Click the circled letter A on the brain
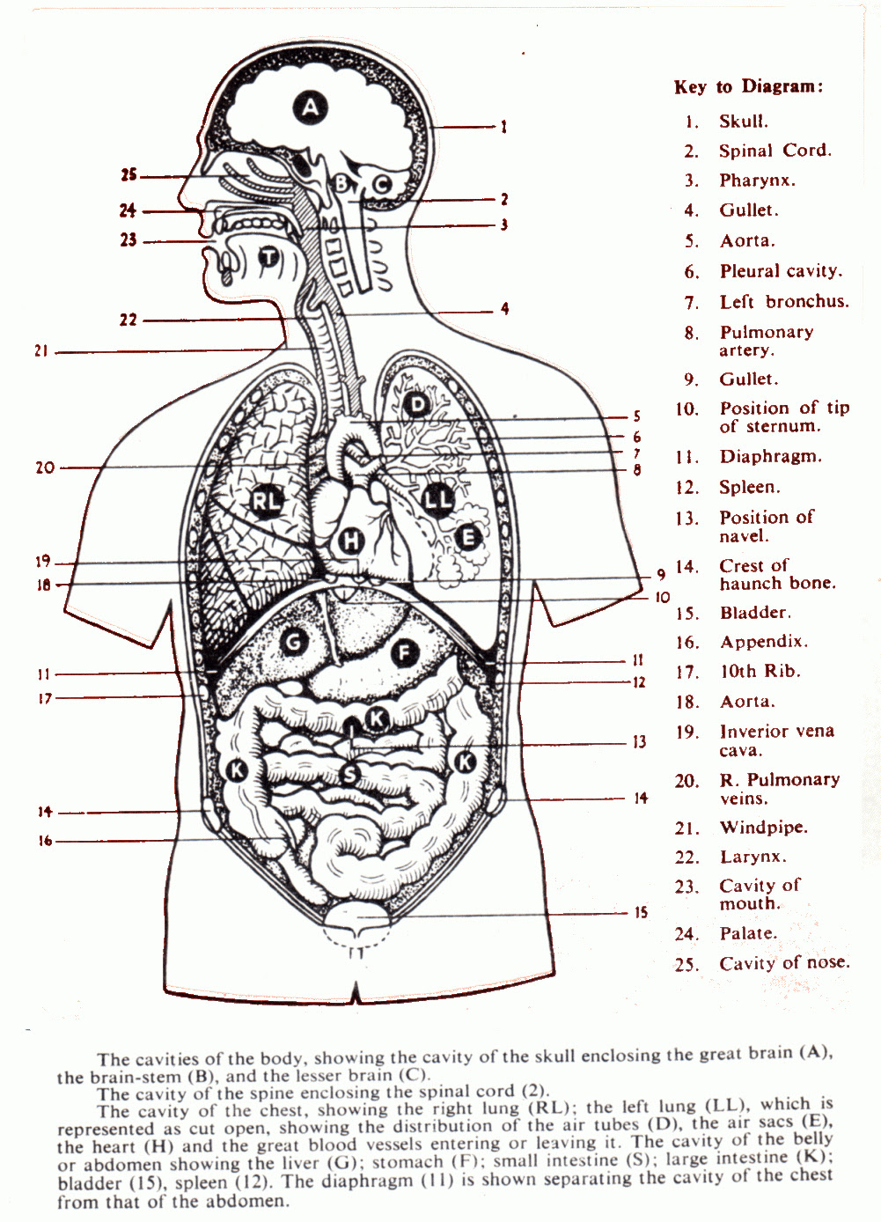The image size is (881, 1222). [310, 107]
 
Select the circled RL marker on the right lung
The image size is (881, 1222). [267, 500]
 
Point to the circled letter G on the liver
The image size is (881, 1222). [293, 642]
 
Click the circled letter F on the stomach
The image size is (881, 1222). [404, 653]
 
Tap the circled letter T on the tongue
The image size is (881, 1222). [268, 256]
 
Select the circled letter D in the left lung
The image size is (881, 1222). [417, 405]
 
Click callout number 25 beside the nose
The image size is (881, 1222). [128, 175]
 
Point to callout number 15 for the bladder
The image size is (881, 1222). [641, 912]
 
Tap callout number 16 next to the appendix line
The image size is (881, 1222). [45, 841]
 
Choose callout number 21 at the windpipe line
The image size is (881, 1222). [41, 351]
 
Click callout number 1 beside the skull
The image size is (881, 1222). [503, 127]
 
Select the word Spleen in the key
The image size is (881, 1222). [750, 487]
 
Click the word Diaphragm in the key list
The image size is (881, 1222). [770, 457]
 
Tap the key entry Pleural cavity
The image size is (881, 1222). [782, 271]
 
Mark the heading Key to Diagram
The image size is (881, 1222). [749, 87]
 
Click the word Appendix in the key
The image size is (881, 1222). [763, 642]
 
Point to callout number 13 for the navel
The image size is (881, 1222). [639, 742]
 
